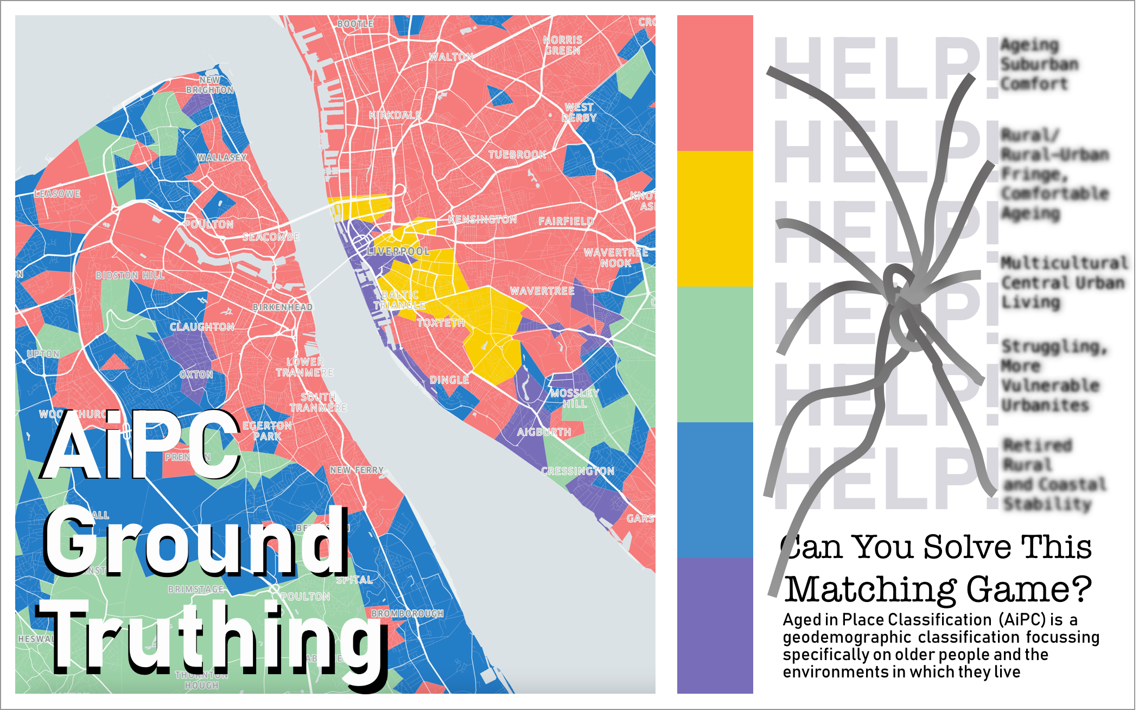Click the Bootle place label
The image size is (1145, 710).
[x=355, y=24]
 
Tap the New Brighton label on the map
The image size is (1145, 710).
[x=210, y=85]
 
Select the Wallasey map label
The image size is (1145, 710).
[x=222, y=157]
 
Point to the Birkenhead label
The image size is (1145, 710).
[x=282, y=307]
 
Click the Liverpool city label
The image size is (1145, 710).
[x=398, y=251]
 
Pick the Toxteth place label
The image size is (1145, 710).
[x=441, y=323]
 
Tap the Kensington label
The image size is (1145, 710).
[x=482, y=219]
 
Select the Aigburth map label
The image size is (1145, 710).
[x=544, y=432]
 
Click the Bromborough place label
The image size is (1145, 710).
[x=408, y=613]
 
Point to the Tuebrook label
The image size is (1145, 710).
[x=517, y=155]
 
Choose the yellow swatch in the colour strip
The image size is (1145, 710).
[x=715, y=218]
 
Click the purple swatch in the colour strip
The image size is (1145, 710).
[x=715, y=625]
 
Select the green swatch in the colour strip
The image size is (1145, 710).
[x=715, y=354]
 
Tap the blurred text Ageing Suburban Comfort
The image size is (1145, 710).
[x=1039, y=65]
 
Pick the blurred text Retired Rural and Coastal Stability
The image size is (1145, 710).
[x=1053, y=474]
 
